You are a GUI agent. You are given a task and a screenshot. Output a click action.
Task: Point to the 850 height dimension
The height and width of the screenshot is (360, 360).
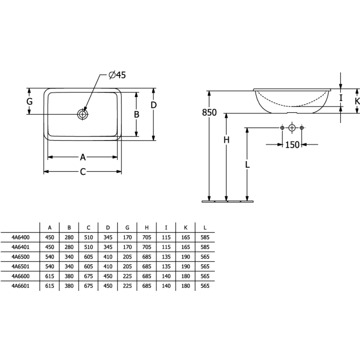tap(209, 113)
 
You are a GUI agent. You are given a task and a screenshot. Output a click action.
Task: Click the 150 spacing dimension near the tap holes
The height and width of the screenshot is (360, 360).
tap(292, 144)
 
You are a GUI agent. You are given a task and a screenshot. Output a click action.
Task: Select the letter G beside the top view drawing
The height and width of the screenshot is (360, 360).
tap(29, 101)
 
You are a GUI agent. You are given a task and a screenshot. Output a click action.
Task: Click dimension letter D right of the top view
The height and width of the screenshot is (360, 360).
tap(153, 105)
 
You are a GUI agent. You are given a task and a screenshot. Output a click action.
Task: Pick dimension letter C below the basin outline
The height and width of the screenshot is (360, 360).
tap(83, 171)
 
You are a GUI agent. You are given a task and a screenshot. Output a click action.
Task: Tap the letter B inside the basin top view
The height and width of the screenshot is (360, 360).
tap(137, 115)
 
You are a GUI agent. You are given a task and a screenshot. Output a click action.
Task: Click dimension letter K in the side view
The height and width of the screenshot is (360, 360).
tap(357, 101)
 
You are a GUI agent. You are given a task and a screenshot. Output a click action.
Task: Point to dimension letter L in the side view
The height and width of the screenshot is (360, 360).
tap(247, 165)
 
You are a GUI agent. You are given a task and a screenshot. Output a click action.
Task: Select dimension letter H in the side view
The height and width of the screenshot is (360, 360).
tap(226, 140)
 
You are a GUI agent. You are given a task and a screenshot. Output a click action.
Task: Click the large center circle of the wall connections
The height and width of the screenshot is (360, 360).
tap(292, 128)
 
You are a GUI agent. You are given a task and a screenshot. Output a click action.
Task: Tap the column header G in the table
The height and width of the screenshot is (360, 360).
tap(127, 227)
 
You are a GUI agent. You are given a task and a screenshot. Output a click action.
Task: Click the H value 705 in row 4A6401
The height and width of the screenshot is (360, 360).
tap(146, 247)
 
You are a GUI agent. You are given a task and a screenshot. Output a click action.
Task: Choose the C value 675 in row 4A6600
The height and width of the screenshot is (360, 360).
tap(88, 276)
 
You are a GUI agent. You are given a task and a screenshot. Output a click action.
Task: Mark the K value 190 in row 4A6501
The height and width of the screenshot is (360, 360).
tap(185, 266)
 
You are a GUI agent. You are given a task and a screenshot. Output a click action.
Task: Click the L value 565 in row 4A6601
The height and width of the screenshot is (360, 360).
tap(205, 286)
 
